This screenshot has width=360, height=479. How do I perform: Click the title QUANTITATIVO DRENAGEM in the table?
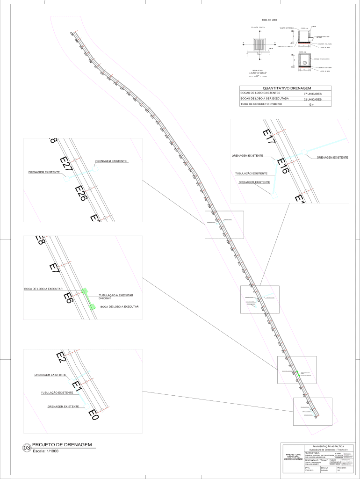(287, 88)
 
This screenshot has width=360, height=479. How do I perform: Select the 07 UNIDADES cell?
(311, 94)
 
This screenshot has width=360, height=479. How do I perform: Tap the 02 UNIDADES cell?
(311, 100)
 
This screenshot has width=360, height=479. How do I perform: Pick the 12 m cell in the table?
(311, 105)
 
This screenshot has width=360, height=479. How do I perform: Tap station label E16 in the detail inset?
(283, 166)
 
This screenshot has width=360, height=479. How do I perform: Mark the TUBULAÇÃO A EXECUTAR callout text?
(116, 296)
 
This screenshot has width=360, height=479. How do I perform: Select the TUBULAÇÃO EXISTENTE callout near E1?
(57, 393)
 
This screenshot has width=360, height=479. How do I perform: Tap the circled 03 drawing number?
(27, 448)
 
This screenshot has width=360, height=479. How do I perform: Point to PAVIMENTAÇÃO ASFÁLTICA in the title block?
(324, 447)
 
